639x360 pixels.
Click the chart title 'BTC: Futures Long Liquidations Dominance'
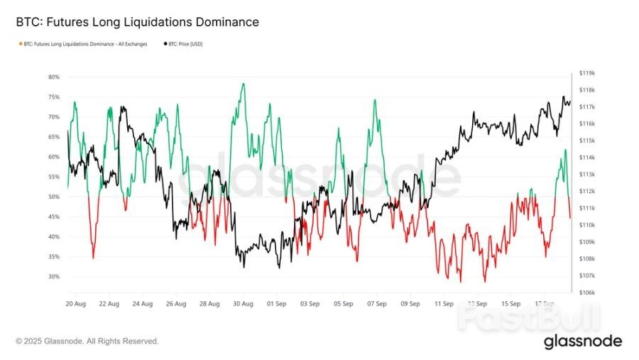pos(137,22)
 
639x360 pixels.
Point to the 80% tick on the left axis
pos(54,77)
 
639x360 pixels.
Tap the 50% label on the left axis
pos(54,197)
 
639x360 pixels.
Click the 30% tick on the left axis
pos(54,277)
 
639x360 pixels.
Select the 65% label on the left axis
pos(54,137)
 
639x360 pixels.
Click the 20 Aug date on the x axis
pos(75,303)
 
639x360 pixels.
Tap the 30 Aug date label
pos(243,303)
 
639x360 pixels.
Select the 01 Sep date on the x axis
pos(276,303)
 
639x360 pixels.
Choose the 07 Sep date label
pos(377,303)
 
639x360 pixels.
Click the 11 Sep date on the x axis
pos(444,303)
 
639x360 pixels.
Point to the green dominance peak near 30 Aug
pos(244,84)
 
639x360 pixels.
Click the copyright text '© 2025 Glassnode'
pos(87,342)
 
